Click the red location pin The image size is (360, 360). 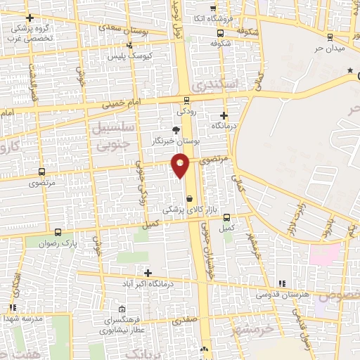point(181,166)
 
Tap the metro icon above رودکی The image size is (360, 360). point(186,100)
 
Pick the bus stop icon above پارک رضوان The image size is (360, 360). point(58,232)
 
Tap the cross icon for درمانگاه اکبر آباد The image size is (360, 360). point(148,273)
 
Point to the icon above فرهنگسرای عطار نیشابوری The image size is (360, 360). point(122,309)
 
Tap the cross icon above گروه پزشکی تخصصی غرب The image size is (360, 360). point(29,18)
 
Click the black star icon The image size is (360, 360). point(350,71)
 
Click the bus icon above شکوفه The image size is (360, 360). point(221,32)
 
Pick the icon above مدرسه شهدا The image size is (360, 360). point(13,307)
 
